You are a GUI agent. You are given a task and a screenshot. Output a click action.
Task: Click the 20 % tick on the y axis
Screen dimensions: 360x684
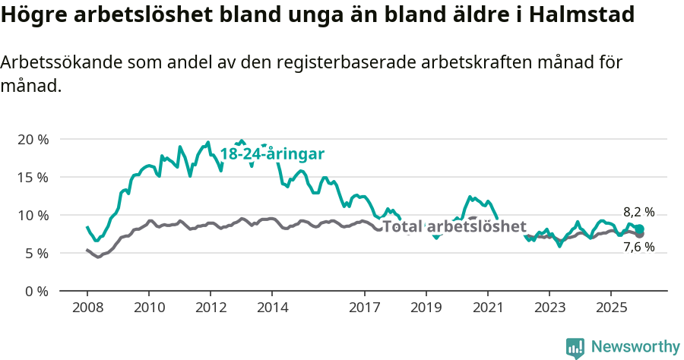pyautogui.click(x=32, y=140)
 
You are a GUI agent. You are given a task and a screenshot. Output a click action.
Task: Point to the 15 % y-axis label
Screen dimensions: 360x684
pyautogui.click(x=32, y=178)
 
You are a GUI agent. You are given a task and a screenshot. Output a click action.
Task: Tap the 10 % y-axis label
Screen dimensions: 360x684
pyautogui.click(x=32, y=216)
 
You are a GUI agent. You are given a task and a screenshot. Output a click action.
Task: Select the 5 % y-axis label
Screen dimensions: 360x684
pyautogui.click(x=35, y=253)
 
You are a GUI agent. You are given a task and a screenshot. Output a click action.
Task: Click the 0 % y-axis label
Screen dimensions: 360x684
pyautogui.click(x=35, y=291)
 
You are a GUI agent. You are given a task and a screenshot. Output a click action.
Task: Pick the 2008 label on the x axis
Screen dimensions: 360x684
pyautogui.click(x=87, y=308)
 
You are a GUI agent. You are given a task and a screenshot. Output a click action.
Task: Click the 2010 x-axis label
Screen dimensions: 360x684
pyautogui.click(x=149, y=308)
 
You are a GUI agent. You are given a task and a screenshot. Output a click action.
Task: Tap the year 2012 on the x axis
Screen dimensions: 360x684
pyautogui.click(x=211, y=308)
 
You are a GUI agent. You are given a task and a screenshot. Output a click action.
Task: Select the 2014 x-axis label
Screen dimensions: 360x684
pyautogui.click(x=272, y=308)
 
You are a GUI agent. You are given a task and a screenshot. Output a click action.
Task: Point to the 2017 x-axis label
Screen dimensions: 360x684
pyautogui.click(x=364, y=308)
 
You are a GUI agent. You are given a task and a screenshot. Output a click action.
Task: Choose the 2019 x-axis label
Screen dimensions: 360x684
pyautogui.click(x=426, y=308)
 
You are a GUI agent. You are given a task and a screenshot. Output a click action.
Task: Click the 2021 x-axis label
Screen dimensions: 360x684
pyautogui.click(x=487, y=308)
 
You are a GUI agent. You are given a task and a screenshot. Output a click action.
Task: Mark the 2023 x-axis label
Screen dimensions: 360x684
pyautogui.click(x=549, y=308)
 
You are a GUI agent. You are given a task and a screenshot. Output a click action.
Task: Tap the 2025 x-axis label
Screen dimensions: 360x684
pyautogui.click(x=611, y=308)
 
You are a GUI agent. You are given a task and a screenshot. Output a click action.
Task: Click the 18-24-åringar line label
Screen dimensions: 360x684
pyautogui.click(x=272, y=154)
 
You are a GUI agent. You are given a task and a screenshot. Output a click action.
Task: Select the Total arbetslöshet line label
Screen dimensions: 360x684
pyautogui.click(x=454, y=226)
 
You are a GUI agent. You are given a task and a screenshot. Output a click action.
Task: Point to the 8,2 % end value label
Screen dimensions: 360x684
pyautogui.click(x=638, y=213)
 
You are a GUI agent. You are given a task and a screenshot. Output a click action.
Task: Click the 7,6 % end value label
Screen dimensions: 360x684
pyautogui.click(x=638, y=247)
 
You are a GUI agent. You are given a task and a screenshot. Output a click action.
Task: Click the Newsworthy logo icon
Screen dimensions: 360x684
pyautogui.click(x=575, y=348)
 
